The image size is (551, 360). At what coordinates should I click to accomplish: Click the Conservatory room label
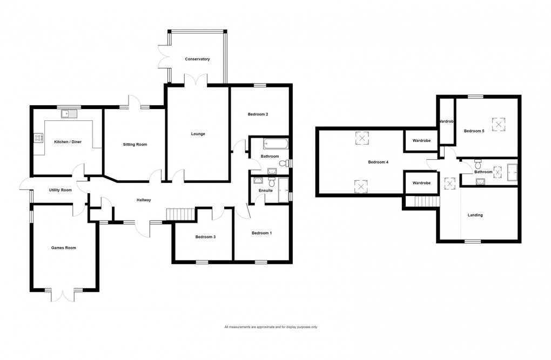pos(197,59)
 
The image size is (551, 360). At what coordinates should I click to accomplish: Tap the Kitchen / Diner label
pos(68,141)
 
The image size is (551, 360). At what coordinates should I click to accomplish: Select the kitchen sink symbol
pos(70,113)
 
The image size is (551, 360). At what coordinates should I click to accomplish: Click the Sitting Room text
pos(135,145)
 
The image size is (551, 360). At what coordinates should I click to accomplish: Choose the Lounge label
pos(198,134)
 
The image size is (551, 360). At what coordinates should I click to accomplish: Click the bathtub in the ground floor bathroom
pos(275,144)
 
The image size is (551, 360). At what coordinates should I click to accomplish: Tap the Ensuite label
pos(266,191)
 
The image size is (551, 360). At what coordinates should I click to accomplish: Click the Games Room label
pos(63,248)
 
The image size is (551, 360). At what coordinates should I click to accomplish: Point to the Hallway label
pos(143,200)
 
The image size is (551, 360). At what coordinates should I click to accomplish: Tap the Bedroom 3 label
pos(206,236)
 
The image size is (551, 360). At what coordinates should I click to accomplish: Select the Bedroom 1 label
pos(262,233)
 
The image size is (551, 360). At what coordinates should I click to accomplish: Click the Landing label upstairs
pos(475,215)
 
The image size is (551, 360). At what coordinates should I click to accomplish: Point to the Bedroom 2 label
pos(258,114)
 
